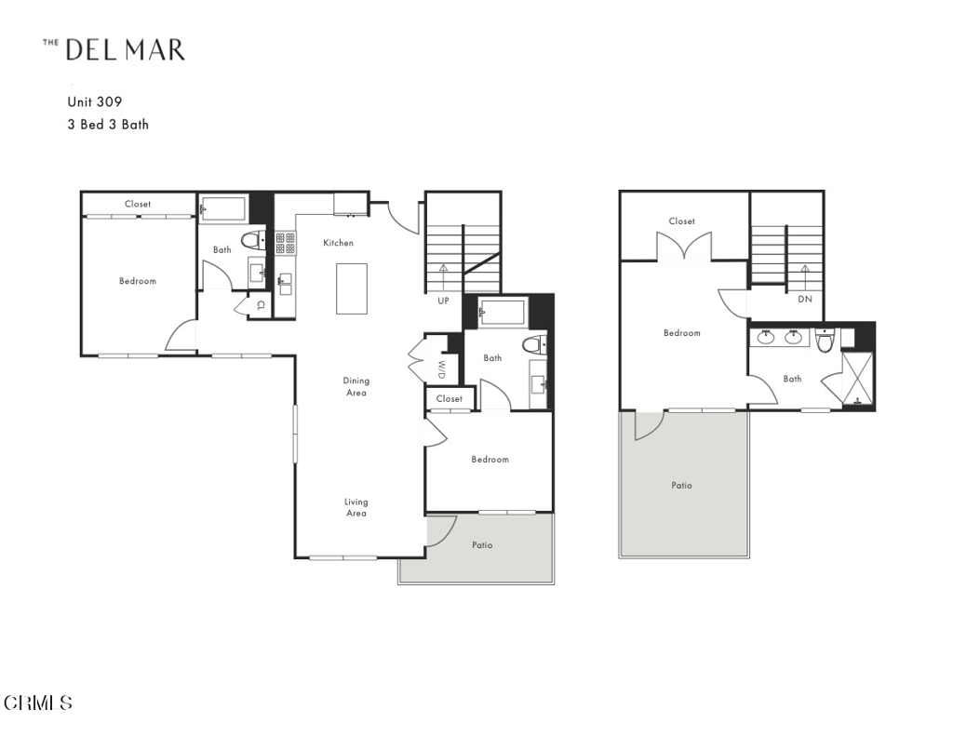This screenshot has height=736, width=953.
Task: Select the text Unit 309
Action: pyautogui.click(x=94, y=102)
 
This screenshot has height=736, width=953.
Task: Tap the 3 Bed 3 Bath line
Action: pyautogui.click(x=107, y=124)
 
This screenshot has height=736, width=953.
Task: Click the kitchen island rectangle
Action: pyautogui.click(x=351, y=288)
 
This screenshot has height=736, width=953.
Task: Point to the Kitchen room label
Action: pyautogui.click(x=338, y=243)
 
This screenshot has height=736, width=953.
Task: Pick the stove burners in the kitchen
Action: pyautogui.click(x=285, y=244)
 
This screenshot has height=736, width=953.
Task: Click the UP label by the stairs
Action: pyautogui.click(x=444, y=301)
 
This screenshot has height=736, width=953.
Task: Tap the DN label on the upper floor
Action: pyautogui.click(x=805, y=300)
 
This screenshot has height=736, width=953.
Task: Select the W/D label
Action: pyautogui.click(x=442, y=368)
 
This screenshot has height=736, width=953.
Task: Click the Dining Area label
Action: pyautogui.click(x=356, y=386)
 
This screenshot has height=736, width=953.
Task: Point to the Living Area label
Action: pyautogui.click(x=356, y=507)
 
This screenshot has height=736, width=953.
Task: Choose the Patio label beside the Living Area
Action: pyautogui.click(x=481, y=545)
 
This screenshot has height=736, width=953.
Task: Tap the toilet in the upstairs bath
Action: pyautogui.click(x=824, y=341)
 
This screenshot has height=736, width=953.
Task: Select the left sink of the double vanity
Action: pyautogui.click(x=767, y=338)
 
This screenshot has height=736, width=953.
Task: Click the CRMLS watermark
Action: pyautogui.click(x=38, y=703)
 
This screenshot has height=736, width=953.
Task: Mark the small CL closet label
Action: pyautogui.click(x=262, y=304)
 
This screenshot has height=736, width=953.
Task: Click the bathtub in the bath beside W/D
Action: pyautogui.click(x=502, y=312)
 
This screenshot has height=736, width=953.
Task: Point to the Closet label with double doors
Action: pyautogui.click(x=681, y=221)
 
